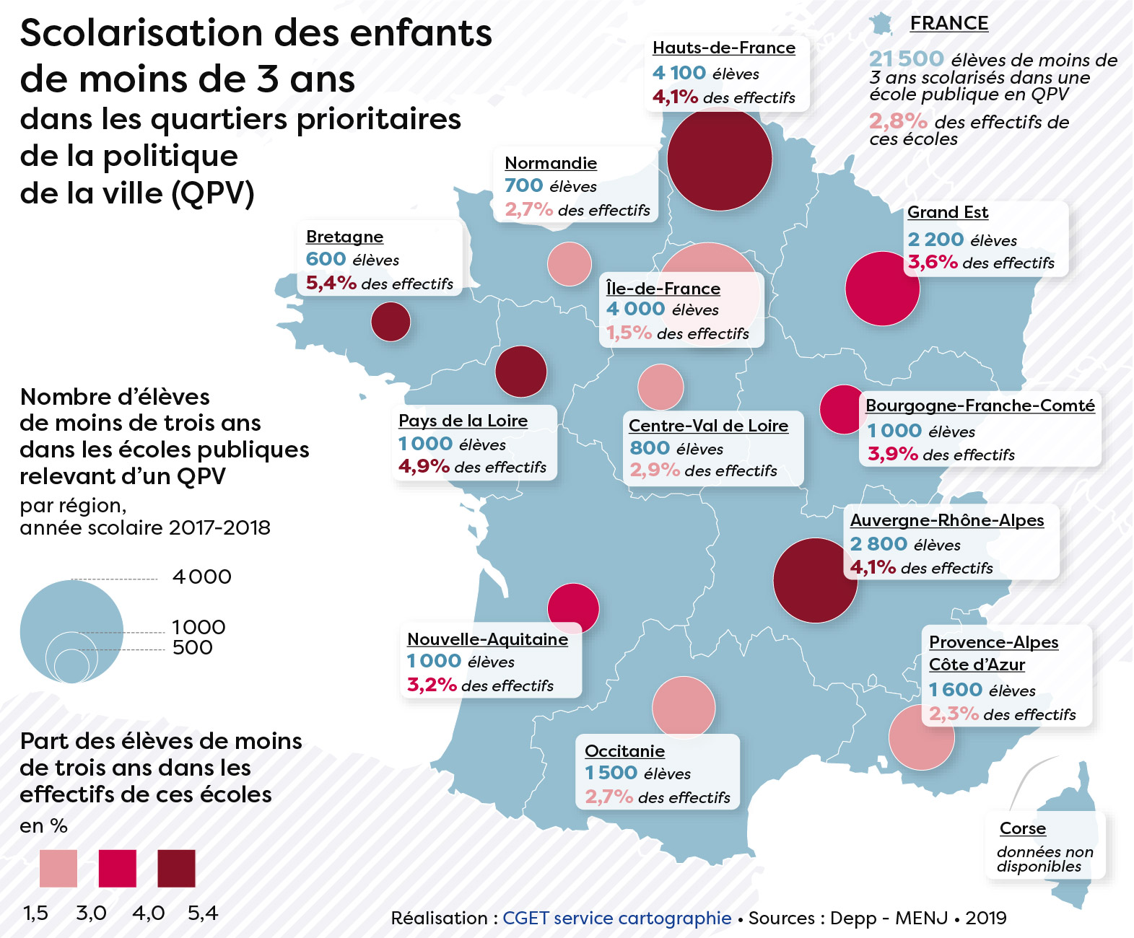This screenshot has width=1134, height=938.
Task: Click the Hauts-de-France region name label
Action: [x=723, y=48]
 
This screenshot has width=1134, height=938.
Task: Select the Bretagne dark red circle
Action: [x=391, y=322]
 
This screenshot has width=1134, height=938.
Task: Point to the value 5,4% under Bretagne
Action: [x=331, y=283]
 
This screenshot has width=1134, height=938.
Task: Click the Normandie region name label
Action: [x=551, y=163]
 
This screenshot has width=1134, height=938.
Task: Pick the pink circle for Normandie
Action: [x=570, y=264]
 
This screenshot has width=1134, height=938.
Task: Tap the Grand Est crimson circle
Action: [x=882, y=289]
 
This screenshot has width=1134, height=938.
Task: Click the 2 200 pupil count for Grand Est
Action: [x=935, y=240]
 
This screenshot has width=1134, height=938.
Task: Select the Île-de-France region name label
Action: [x=663, y=289]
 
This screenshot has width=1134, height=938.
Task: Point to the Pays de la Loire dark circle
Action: [x=520, y=372]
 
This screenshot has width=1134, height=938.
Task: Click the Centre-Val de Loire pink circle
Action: [x=660, y=387]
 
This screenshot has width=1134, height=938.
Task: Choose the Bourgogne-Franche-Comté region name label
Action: [x=980, y=406]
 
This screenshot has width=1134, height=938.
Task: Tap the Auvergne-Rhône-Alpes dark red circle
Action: [x=815, y=580]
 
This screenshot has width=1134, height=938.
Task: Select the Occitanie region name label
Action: [x=624, y=751]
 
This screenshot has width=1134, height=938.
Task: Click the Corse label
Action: [x=1022, y=828]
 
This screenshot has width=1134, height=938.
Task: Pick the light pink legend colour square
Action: [x=58, y=868]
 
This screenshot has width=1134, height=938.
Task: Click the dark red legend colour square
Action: [x=176, y=868]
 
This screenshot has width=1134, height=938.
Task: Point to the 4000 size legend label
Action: [x=201, y=577]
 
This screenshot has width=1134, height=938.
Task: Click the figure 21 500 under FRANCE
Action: [x=906, y=58]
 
